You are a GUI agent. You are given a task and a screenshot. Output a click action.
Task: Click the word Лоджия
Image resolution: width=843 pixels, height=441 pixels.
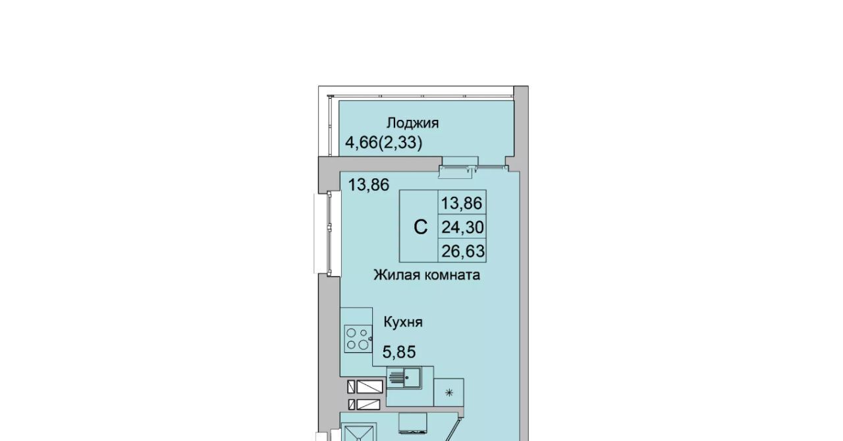pyautogui.click(x=413, y=124)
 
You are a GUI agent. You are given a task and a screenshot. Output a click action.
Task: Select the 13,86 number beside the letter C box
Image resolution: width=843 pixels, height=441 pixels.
pyautogui.click(x=462, y=203)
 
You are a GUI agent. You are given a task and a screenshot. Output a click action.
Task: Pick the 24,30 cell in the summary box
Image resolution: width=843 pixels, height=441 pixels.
pyautogui.click(x=462, y=227)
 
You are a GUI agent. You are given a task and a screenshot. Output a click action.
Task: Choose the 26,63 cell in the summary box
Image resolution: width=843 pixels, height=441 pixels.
pyautogui.click(x=463, y=251)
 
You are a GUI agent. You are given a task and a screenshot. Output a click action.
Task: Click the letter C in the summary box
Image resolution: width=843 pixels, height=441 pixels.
pyautogui.click(x=420, y=227)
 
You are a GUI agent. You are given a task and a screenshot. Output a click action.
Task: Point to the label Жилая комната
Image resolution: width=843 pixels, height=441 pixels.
pyautogui.click(x=427, y=275)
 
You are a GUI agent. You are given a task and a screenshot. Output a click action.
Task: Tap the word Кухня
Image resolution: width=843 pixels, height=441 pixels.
pyautogui.click(x=403, y=322)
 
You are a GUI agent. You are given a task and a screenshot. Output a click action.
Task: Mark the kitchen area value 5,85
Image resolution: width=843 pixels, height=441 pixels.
pyautogui.click(x=399, y=352)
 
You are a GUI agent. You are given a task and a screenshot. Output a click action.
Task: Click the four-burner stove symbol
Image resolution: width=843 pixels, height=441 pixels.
pyautogui.click(x=358, y=339)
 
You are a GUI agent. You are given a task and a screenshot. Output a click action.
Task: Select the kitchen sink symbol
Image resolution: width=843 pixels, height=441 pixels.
pyautogui.click(x=404, y=378)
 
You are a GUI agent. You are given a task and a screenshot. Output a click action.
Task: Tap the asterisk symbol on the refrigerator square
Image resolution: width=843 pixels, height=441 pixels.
pyautogui.click(x=449, y=393)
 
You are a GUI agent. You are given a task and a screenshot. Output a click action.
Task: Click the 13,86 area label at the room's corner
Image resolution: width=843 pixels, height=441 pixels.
pyautogui.click(x=368, y=185)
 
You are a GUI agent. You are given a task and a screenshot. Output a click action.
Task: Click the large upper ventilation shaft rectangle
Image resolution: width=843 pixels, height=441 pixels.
pyautogui.click(x=369, y=387)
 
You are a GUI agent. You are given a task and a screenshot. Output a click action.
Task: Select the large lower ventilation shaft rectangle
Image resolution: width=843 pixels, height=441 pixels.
pyautogui.click(x=368, y=405)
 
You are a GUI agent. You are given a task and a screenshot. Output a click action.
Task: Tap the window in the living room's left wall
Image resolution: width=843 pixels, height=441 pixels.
pyautogui.click(x=329, y=233)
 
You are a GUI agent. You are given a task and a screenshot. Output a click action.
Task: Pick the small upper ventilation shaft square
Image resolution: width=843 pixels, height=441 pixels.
pyautogui.click(x=351, y=387)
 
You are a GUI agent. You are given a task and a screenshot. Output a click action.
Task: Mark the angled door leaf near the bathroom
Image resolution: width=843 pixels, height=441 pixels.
pyautogui.click(x=454, y=429)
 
